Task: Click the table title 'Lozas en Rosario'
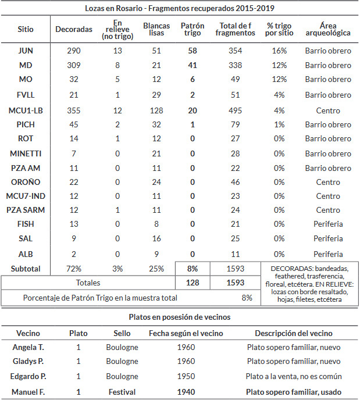(x=113, y=8)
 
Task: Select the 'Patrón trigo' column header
(x=193, y=29)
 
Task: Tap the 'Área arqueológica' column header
(x=328, y=29)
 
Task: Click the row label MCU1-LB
(x=26, y=110)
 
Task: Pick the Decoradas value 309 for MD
(x=74, y=65)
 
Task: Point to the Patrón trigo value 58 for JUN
(x=193, y=51)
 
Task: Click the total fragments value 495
(x=235, y=110)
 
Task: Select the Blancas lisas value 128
(x=156, y=110)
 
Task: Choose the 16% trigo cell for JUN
(x=279, y=51)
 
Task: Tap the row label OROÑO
(x=26, y=182)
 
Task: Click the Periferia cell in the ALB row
(x=328, y=254)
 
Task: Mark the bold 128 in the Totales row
(x=193, y=283)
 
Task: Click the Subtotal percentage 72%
(x=74, y=269)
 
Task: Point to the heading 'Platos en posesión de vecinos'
(x=180, y=317)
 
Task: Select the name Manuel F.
(x=28, y=392)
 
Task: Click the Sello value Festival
(x=122, y=392)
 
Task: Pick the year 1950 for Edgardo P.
(x=186, y=376)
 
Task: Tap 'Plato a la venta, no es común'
(x=294, y=376)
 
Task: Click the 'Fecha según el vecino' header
(x=186, y=333)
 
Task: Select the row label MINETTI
(x=26, y=153)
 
